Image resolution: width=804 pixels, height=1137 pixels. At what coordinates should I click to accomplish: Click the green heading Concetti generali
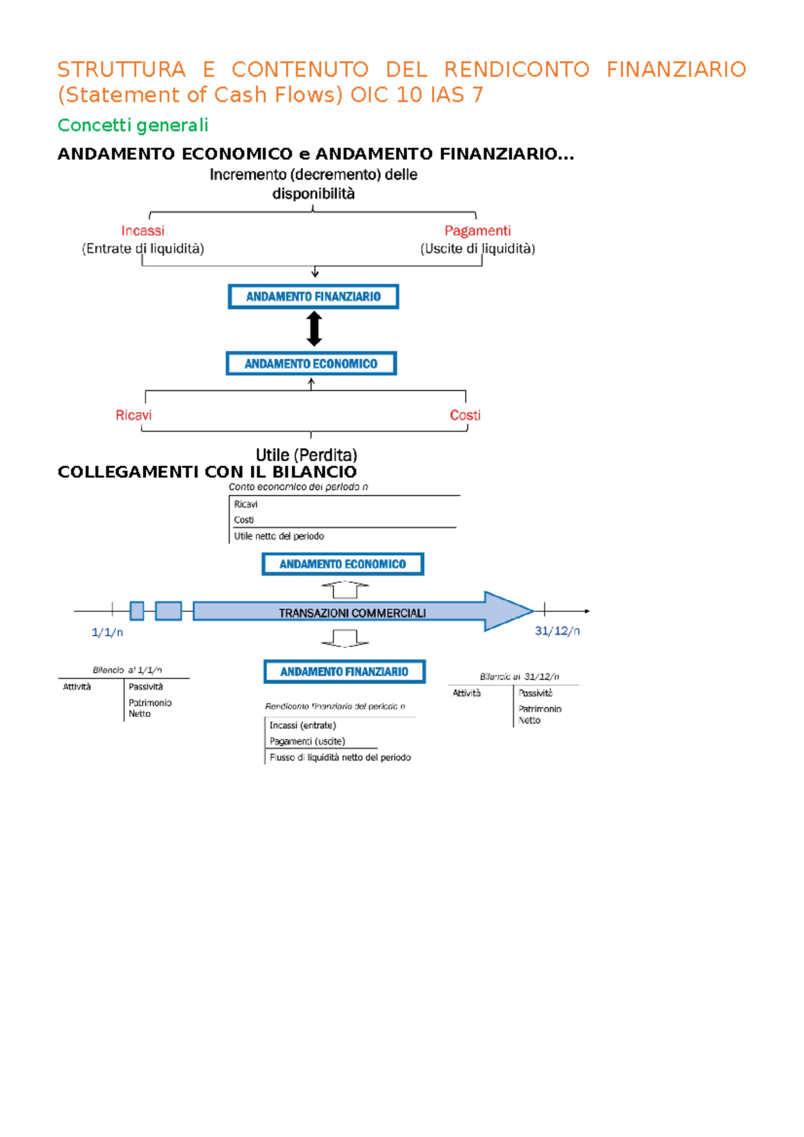133,125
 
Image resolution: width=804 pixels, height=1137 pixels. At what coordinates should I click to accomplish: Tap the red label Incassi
143,231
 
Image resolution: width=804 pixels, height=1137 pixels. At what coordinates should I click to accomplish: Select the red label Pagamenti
477,231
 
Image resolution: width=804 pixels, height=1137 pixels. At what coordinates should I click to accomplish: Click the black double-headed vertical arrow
314,329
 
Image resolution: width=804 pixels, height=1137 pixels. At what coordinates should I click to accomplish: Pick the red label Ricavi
133,416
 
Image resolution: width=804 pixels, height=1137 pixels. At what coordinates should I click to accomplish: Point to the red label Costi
465,416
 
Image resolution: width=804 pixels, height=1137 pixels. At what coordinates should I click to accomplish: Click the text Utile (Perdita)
306,455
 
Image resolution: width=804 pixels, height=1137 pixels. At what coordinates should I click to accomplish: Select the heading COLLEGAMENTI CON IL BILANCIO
207,472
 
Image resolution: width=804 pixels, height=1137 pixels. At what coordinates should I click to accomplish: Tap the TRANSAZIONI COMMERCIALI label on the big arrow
352,613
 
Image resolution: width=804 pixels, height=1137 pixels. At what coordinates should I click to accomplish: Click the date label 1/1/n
107,633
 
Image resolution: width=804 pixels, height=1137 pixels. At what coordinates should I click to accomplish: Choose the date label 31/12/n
557,631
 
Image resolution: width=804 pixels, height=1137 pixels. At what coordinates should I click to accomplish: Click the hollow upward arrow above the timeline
344,589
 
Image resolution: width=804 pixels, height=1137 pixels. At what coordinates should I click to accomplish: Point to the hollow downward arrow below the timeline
344,638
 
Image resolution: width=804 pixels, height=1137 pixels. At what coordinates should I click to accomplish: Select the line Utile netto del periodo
279,536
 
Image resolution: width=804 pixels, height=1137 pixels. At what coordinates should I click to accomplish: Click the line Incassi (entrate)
302,725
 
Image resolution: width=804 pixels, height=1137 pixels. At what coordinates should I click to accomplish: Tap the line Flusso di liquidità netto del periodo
340,757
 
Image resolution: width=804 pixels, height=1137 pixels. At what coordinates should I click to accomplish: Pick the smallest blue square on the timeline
137,611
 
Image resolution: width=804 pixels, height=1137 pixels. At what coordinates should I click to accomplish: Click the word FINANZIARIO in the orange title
676,70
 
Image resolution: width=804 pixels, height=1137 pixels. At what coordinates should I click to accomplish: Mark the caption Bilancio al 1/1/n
127,670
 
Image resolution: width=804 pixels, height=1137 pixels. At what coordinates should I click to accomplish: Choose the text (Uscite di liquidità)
477,249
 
